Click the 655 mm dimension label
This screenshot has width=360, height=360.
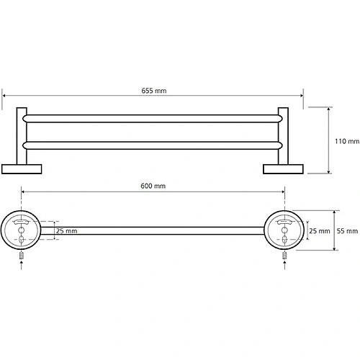click(x=153, y=91)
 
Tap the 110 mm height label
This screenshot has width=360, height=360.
click(x=347, y=141)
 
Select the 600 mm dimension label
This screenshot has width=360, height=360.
click(x=153, y=186)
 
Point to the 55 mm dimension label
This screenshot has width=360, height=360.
click(x=347, y=231)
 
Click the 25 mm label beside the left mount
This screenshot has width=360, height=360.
click(x=67, y=231)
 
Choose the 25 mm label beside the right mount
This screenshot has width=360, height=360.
click(x=320, y=231)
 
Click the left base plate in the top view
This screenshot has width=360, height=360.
click(x=22, y=169)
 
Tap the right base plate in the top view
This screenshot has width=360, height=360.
click(x=283, y=169)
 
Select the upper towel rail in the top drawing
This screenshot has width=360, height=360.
click(x=153, y=119)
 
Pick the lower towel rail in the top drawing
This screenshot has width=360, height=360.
click(x=153, y=145)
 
